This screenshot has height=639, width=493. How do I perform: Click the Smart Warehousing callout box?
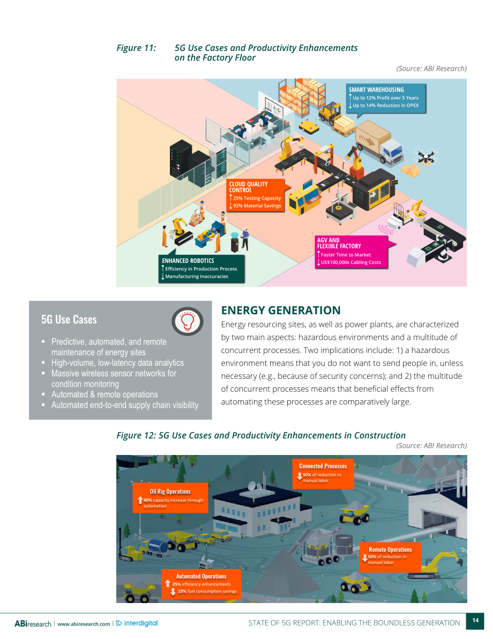coord(386,98)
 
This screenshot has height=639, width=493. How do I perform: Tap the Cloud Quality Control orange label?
coord(256,195)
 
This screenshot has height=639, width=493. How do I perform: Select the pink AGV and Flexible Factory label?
coord(351,252)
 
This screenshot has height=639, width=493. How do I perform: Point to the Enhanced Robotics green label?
coord(201,269)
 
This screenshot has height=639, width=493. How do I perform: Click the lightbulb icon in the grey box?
coord(187,321)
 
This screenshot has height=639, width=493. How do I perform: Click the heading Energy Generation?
coord(280,311)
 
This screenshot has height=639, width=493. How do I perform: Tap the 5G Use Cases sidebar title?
coord(69,320)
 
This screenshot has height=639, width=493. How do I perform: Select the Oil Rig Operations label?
coord(170,497)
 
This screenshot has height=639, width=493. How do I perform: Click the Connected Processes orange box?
coord(323,474)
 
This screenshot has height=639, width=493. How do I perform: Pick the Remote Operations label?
coord(390,557)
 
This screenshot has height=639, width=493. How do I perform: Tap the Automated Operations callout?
coord(201,584)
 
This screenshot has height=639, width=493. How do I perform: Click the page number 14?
coord(475,621)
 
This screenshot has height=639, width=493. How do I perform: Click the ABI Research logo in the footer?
coord(33,623)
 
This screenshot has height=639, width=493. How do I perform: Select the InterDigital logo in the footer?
coord(137,623)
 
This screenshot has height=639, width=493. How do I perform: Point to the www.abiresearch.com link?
coord(84,624)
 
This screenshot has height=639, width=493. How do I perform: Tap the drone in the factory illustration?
coord(426,156)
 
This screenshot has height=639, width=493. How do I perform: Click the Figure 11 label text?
coord(136,48)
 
